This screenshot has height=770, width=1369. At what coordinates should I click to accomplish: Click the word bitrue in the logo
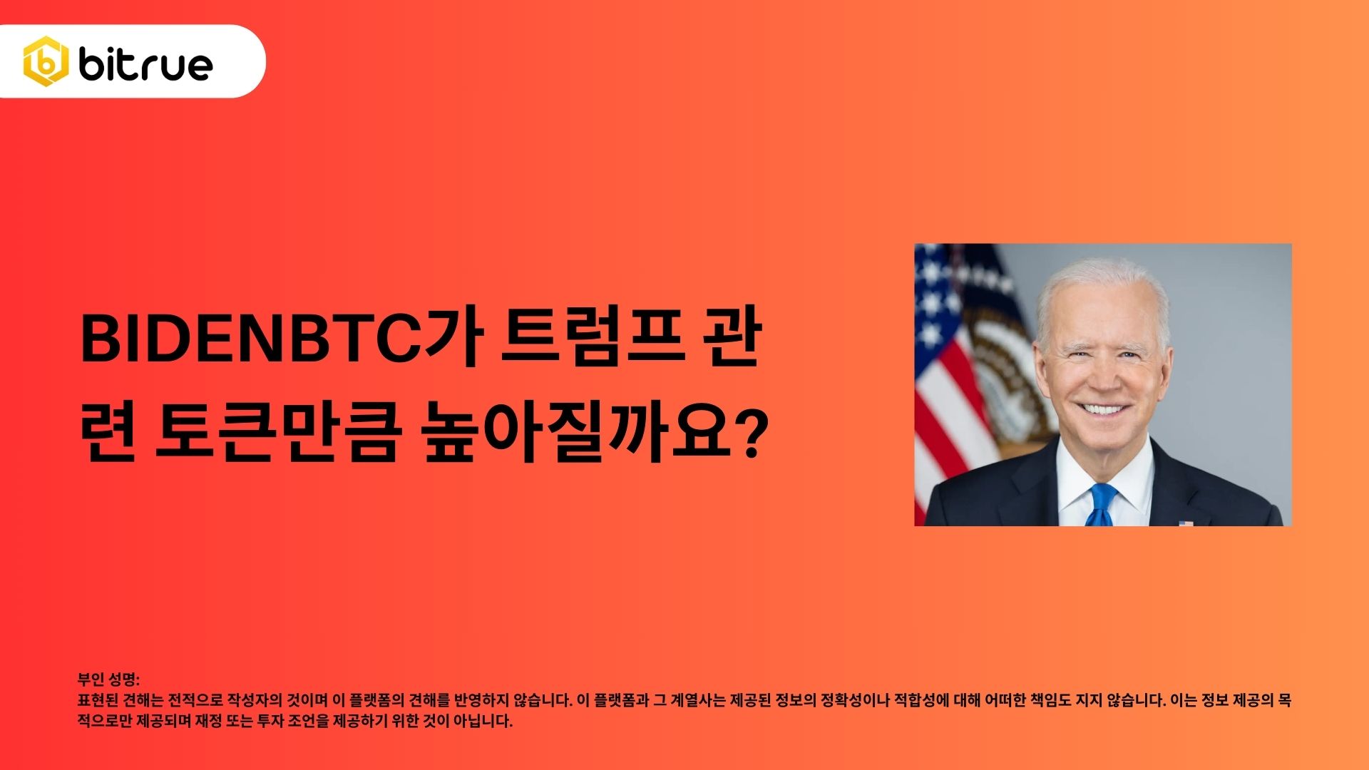point(145,64)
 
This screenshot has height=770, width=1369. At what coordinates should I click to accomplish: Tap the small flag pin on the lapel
point(1186,523)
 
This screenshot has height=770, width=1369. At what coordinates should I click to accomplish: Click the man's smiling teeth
point(1102,410)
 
